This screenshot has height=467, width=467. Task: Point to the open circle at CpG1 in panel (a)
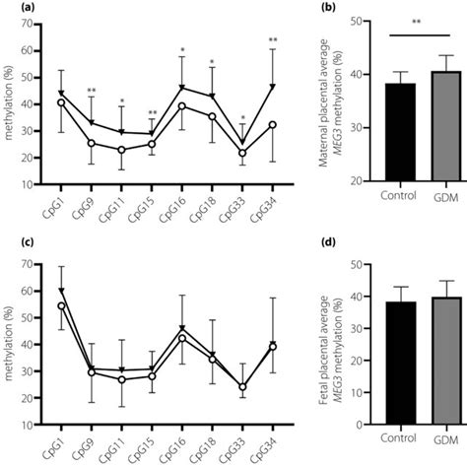click(61, 102)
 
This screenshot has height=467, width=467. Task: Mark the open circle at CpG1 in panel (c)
click(61, 305)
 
